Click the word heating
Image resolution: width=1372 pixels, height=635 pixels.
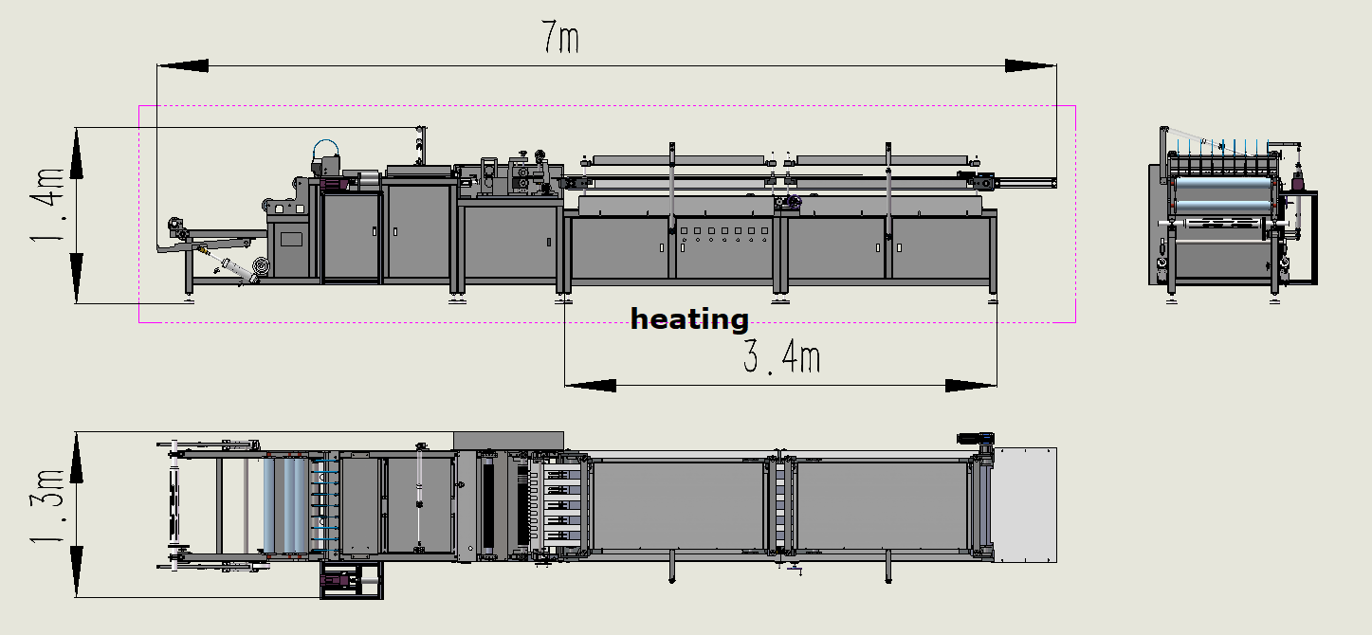coord(689,319)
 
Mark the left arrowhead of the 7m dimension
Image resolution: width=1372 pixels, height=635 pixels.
coord(183,65)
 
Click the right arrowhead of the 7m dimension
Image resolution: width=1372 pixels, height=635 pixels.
coord(1030,65)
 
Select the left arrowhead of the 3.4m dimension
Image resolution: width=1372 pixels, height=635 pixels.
coord(590,386)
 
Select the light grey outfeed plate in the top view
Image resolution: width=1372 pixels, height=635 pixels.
coord(1024,505)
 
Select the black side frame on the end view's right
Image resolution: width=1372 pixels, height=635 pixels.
coord(1307,237)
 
